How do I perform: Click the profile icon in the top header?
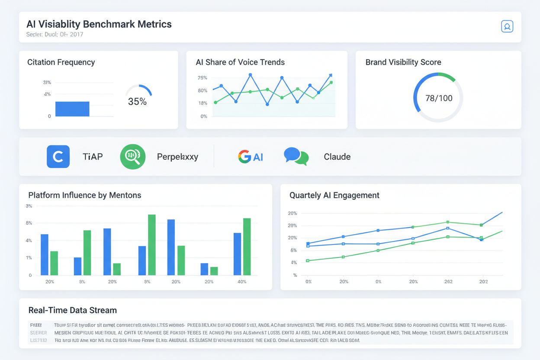click(507, 26)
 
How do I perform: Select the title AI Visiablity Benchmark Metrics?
click(99, 24)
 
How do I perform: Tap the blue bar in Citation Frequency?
click(72, 109)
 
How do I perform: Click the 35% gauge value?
click(137, 102)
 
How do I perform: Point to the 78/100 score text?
click(439, 98)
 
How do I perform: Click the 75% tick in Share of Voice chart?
click(202, 78)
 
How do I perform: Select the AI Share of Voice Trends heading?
click(240, 62)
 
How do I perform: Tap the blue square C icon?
click(58, 157)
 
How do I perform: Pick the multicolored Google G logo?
click(244, 157)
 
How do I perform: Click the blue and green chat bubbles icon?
click(296, 157)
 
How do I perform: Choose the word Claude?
click(337, 157)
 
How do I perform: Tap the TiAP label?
click(93, 157)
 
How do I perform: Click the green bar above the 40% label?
click(247, 247)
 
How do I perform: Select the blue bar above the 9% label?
click(77, 266)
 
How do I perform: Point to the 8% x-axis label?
click(147, 282)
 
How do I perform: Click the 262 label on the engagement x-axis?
click(448, 282)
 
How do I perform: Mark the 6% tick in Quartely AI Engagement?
click(294, 251)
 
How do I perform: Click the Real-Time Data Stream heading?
click(72, 310)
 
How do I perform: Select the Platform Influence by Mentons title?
click(85, 195)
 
